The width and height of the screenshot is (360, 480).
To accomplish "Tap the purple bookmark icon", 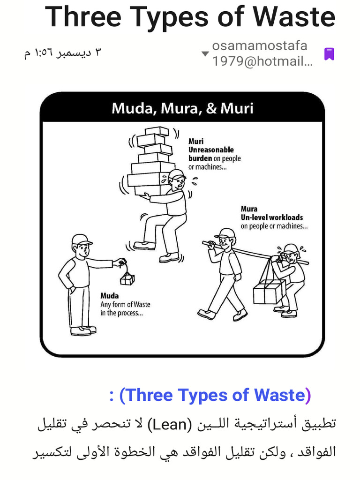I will (x=329, y=54).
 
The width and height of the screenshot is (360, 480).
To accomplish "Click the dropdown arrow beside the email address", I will (x=205, y=54).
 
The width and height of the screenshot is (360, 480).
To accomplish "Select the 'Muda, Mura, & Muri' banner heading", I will (x=182, y=108).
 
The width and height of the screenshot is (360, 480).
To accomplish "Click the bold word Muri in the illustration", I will (x=196, y=141).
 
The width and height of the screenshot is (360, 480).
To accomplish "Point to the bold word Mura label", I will (x=249, y=209).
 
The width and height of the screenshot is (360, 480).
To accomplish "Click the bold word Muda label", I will (x=109, y=296).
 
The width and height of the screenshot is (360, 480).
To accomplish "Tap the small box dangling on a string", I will (x=127, y=279).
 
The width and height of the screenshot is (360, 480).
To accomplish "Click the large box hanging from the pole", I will (x=269, y=292).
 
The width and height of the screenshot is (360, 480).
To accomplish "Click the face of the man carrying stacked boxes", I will (x=178, y=183).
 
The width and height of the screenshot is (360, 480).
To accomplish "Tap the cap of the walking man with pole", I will (x=225, y=233).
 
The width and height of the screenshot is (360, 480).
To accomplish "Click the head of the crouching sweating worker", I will (x=289, y=254).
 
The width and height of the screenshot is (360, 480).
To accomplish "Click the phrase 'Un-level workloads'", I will (x=272, y=217).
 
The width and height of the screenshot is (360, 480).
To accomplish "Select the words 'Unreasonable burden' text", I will (x=210, y=154).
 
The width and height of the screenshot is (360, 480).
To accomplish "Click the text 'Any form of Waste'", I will (x=125, y=304).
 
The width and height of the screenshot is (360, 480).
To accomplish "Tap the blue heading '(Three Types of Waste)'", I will (x=215, y=395).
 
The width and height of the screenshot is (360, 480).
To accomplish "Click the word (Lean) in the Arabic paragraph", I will (x=168, y=424).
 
